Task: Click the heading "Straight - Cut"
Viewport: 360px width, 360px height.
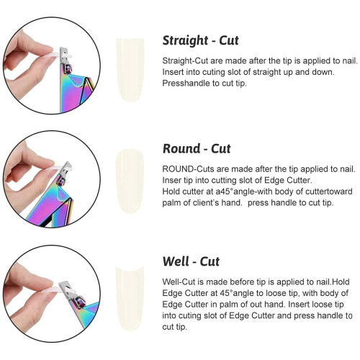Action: click(200, 40)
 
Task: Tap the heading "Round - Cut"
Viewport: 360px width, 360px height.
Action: click(197, 148)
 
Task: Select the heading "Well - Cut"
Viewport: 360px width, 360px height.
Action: click(191, 261)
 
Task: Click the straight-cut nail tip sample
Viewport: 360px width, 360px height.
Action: click(130, 70)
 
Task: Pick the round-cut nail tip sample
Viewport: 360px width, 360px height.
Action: click(130, 181)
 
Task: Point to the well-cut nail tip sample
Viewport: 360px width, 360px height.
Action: click(130, 299)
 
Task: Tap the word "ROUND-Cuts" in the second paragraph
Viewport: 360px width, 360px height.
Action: click(188, 169)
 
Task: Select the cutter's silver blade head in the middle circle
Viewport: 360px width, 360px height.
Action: click(65, 171)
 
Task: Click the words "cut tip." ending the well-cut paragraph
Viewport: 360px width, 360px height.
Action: click(174, 327)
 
